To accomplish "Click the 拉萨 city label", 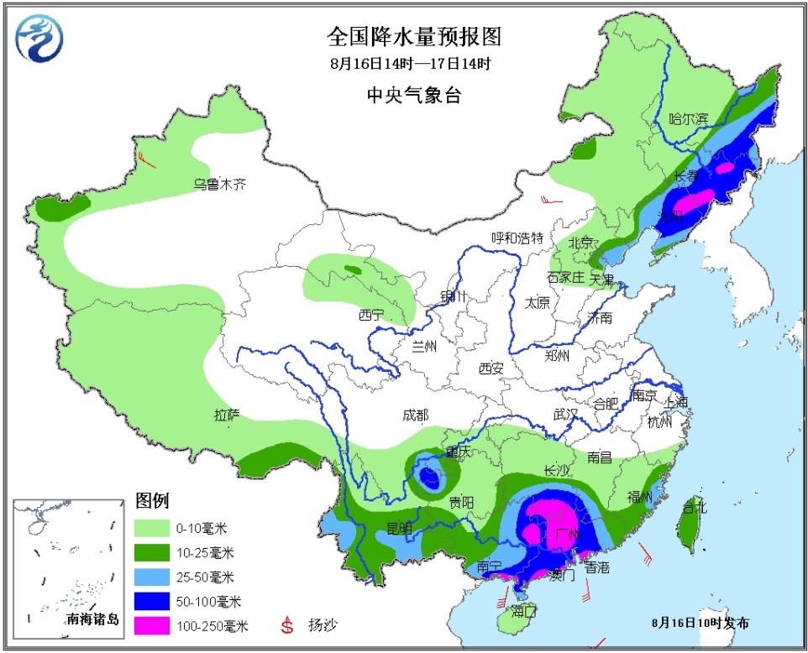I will click(227, 414).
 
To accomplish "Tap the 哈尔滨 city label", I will click(688, 118).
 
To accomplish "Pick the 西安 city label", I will click(491, 368).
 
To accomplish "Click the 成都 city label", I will click(415, 415).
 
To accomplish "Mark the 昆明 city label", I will click(400, 528).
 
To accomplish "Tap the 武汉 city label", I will click(566, 414).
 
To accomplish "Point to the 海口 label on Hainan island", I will click(523, 610).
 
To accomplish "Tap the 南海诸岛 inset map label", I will click(93, 620).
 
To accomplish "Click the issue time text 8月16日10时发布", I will click(700, 623).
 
